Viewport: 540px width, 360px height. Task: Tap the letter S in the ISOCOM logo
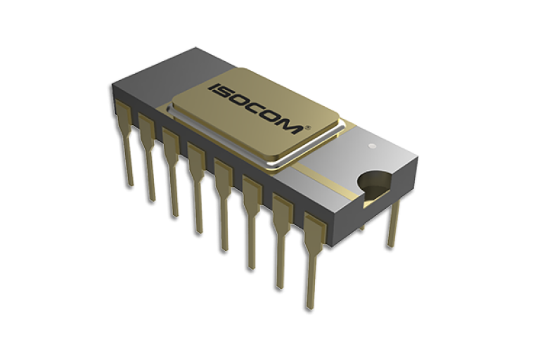(226, 94)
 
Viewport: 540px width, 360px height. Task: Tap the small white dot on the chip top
(373, 146)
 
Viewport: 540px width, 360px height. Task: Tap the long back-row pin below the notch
(391, 225)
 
